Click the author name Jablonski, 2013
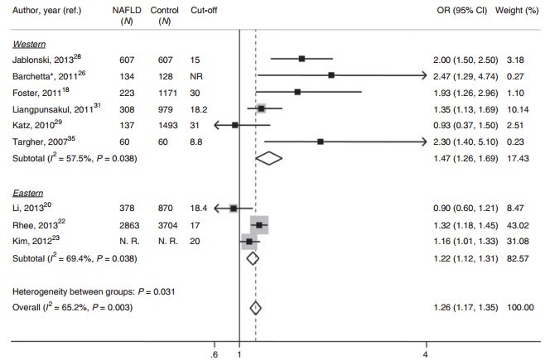(43, 59)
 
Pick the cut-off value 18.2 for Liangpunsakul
(197, 108)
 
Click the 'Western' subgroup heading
(27, 42)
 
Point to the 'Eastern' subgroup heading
(27, 191)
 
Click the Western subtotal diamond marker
(269, 157)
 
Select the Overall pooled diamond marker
(255, 308)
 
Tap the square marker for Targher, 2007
(320, 142)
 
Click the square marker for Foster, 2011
(297, 92)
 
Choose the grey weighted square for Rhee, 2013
(259, 224)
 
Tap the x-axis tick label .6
(215, 353)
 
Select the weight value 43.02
(522, 224)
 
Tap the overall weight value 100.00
(520, 308)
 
